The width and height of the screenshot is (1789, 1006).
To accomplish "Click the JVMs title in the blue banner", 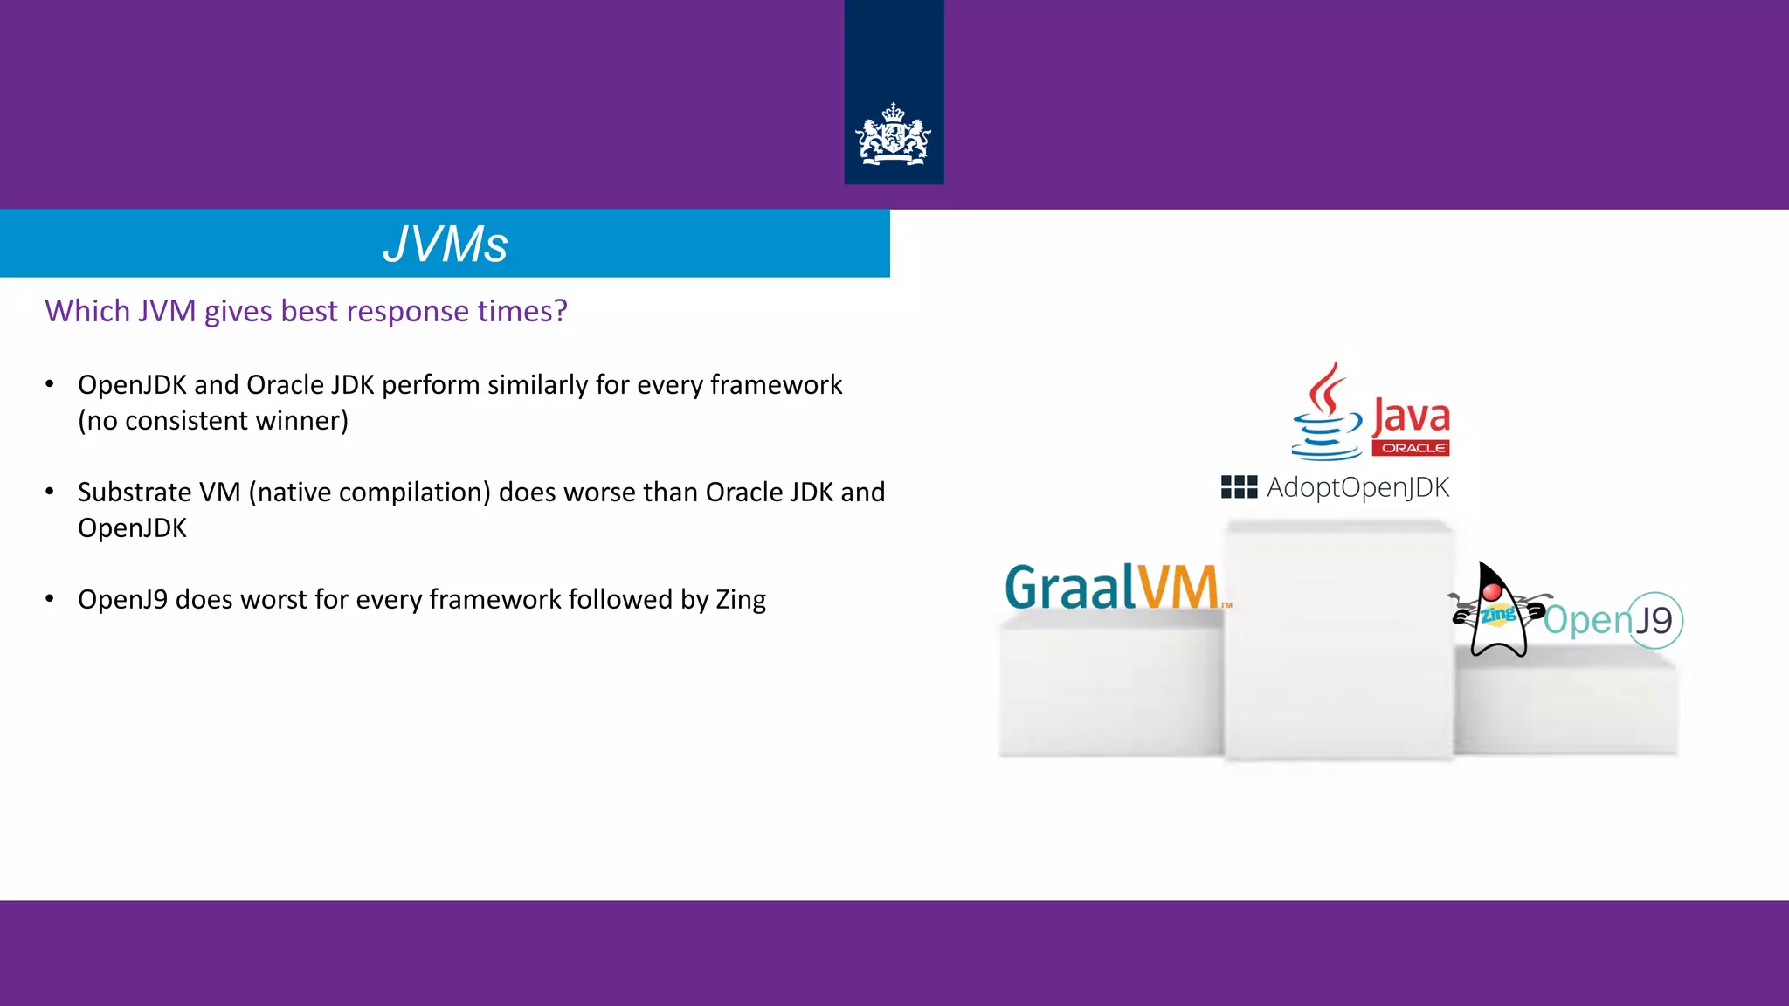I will coord(445,244).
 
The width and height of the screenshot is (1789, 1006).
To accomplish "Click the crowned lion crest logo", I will coord(893,135).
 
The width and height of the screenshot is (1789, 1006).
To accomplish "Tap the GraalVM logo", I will coord(1111,587).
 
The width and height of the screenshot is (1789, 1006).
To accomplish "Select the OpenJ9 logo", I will coord(1613,620).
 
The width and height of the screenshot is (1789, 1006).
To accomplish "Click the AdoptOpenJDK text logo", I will coord(1357,487).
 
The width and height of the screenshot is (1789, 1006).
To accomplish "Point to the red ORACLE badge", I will coord(1411,448).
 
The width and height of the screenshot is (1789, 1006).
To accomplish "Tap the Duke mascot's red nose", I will coord(1492,593).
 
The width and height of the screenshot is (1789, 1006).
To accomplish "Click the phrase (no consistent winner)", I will coord(213,421).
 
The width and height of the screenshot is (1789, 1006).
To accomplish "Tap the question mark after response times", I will coord(560,311).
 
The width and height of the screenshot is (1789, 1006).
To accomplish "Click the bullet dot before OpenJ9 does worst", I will coord(50,599).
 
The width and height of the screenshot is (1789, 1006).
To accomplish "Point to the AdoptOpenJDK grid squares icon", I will coord(1239,487).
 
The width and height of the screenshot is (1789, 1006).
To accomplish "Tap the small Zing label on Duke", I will coord(1498,614).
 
